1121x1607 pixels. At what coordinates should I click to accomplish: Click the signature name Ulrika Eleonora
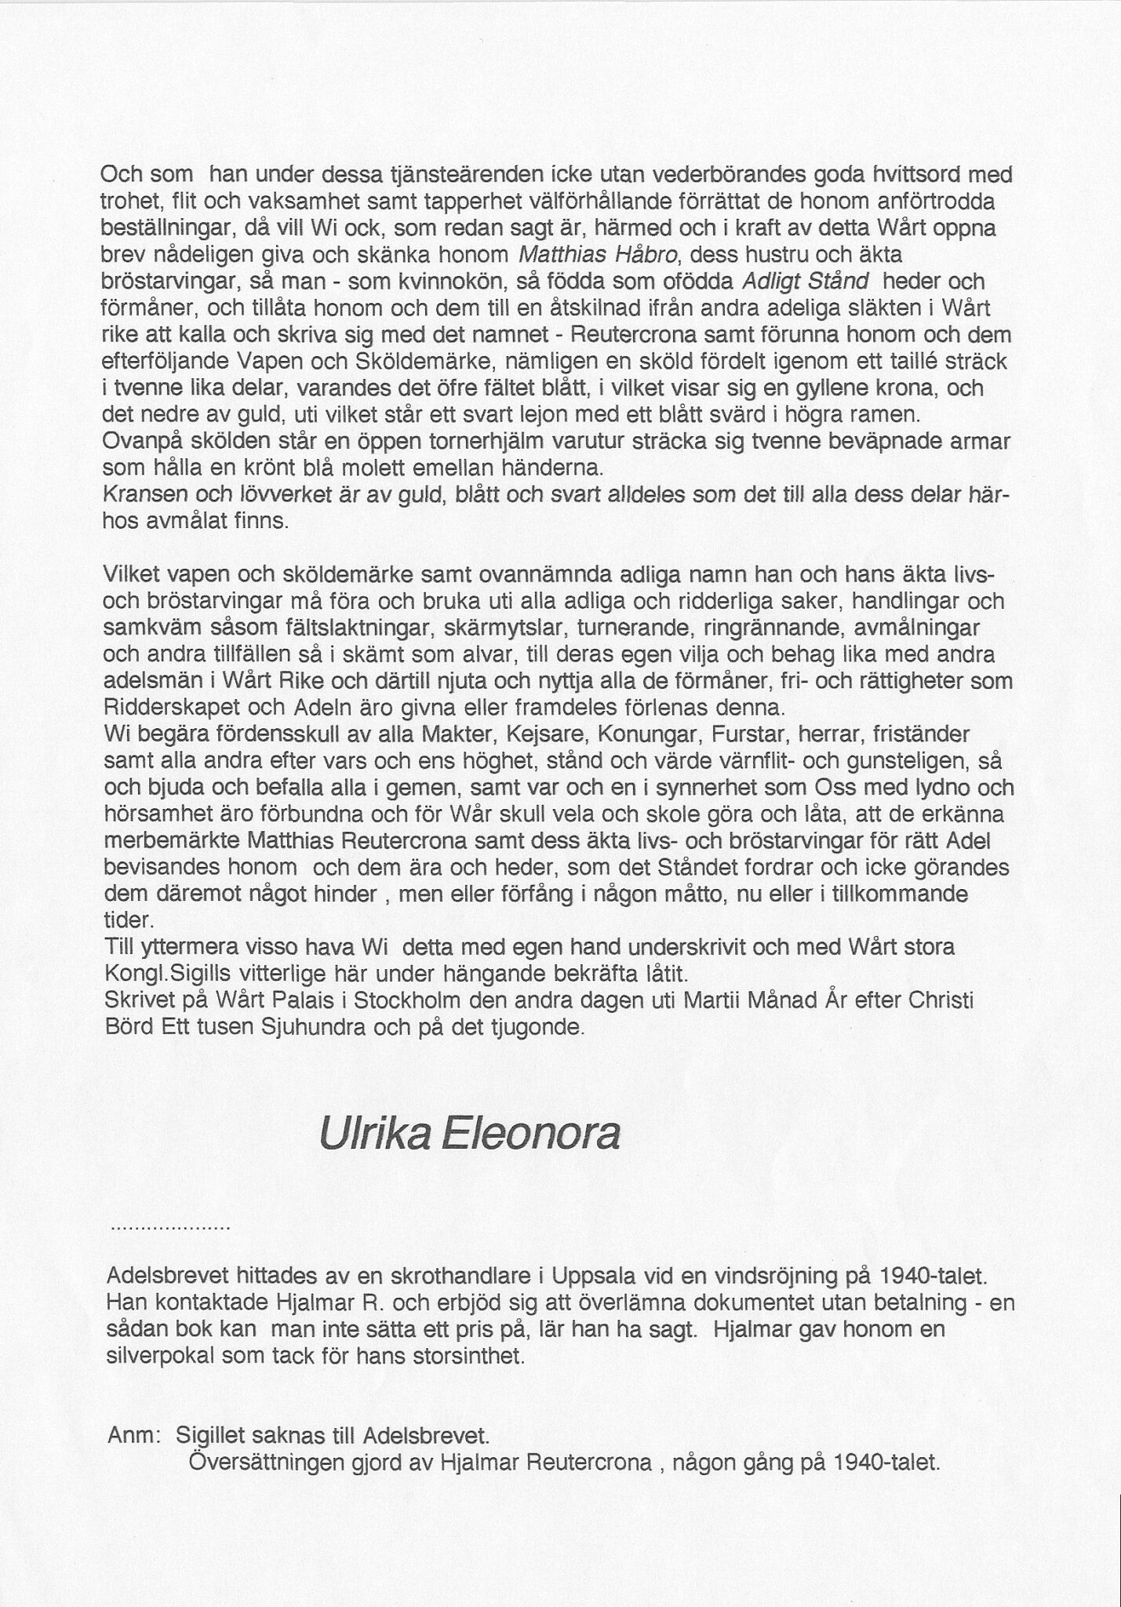click(469, 1135)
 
